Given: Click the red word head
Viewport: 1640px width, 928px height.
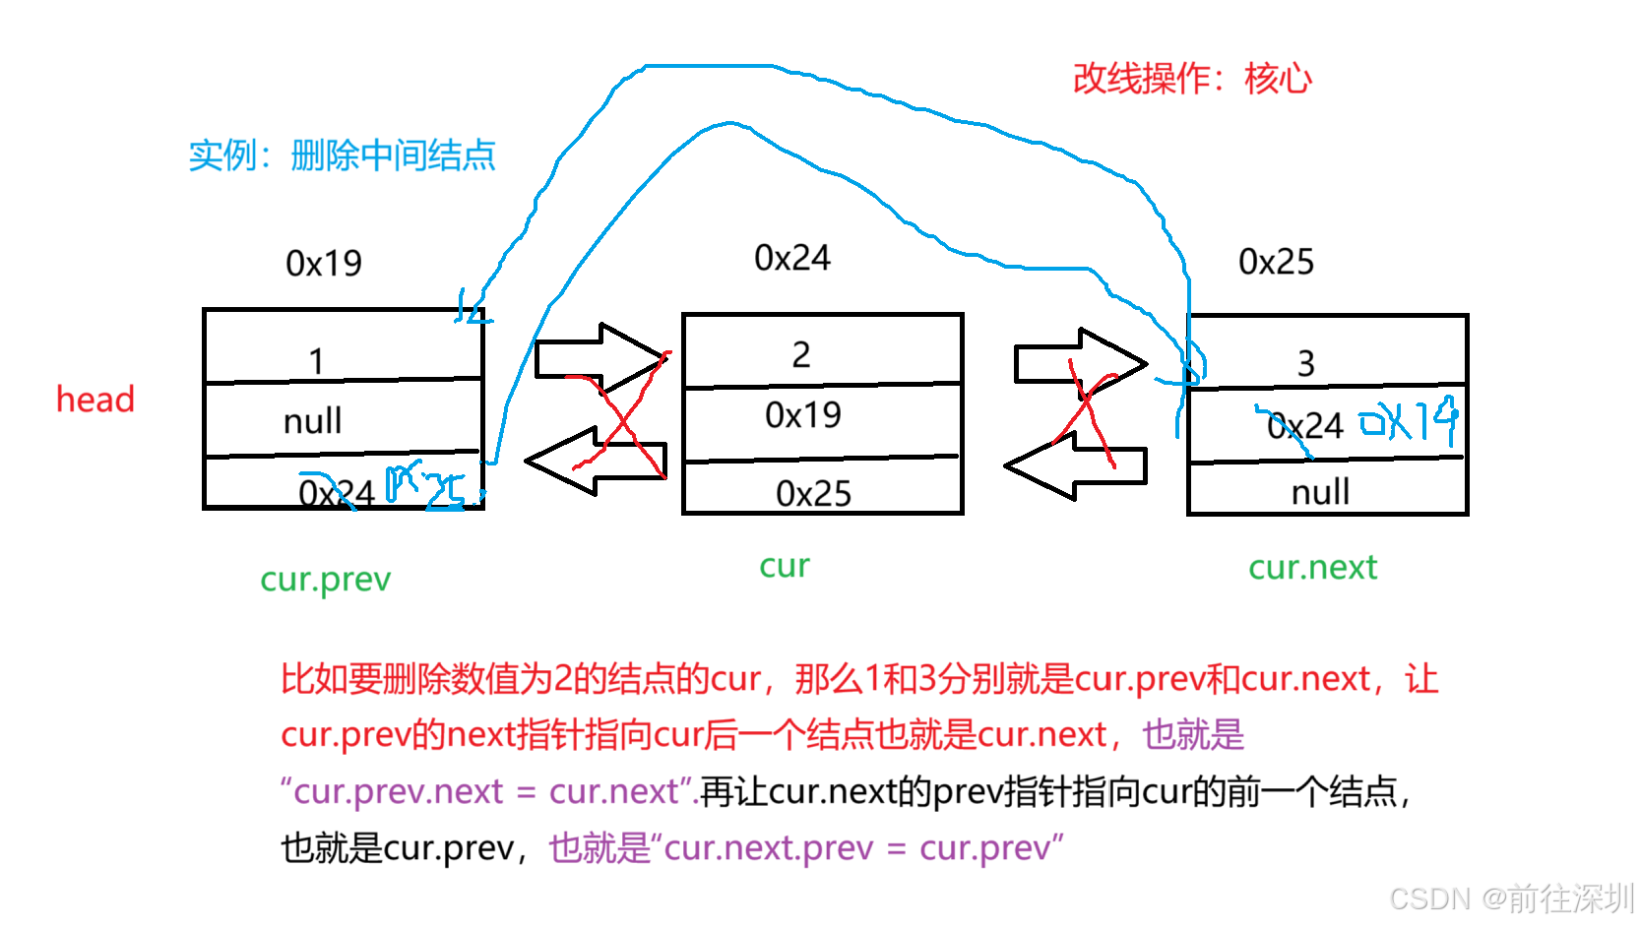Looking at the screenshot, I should coord(95,400).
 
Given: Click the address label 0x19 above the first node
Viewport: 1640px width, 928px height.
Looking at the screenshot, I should coord(323,264).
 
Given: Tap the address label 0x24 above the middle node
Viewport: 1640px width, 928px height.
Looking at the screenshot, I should coord(791,258).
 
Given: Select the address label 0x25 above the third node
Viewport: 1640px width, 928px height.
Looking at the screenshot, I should coord(1276,262).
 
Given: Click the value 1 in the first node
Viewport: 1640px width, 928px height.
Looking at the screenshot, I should coord(316,361).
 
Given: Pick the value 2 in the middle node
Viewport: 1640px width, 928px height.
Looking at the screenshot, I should coord(801,354).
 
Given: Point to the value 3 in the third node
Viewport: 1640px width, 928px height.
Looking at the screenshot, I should coord(1305,364).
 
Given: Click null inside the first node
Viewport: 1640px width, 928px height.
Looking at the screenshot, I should coord(312,421).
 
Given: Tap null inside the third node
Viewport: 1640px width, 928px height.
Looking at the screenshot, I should coord(1320,492).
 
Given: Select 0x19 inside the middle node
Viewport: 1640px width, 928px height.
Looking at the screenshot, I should coord(803,415).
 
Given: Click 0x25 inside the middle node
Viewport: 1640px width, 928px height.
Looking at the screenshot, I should coord(813,493).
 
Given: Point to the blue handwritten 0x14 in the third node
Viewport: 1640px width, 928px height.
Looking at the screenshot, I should coord(1408,421).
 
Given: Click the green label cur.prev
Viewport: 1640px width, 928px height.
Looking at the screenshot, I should coord(325,580).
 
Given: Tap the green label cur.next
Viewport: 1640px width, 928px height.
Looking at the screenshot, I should coord(1312,568).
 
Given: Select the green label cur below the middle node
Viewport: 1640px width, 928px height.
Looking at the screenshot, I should coord(785,566).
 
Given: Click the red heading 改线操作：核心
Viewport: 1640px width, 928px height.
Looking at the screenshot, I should coord(1191,79).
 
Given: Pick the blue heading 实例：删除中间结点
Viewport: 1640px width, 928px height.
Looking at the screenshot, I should coord(342,155).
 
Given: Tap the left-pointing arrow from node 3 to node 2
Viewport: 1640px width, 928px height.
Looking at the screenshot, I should coord(1076,465).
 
